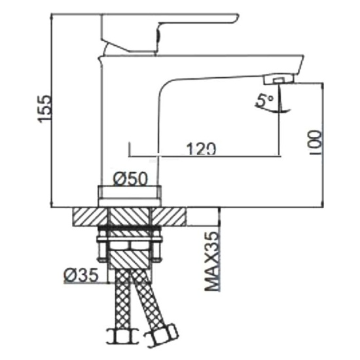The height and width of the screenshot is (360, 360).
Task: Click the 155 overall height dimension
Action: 45,109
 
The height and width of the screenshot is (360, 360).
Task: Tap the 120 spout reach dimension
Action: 201,149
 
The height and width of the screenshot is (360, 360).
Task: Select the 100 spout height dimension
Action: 316,143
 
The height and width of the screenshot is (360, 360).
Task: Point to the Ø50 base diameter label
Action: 130,179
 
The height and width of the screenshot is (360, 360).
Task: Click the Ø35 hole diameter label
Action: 81,275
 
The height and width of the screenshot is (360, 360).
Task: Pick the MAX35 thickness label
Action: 211,261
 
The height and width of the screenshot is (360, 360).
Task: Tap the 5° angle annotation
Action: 264,100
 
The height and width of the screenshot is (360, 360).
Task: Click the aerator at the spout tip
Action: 279,80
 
